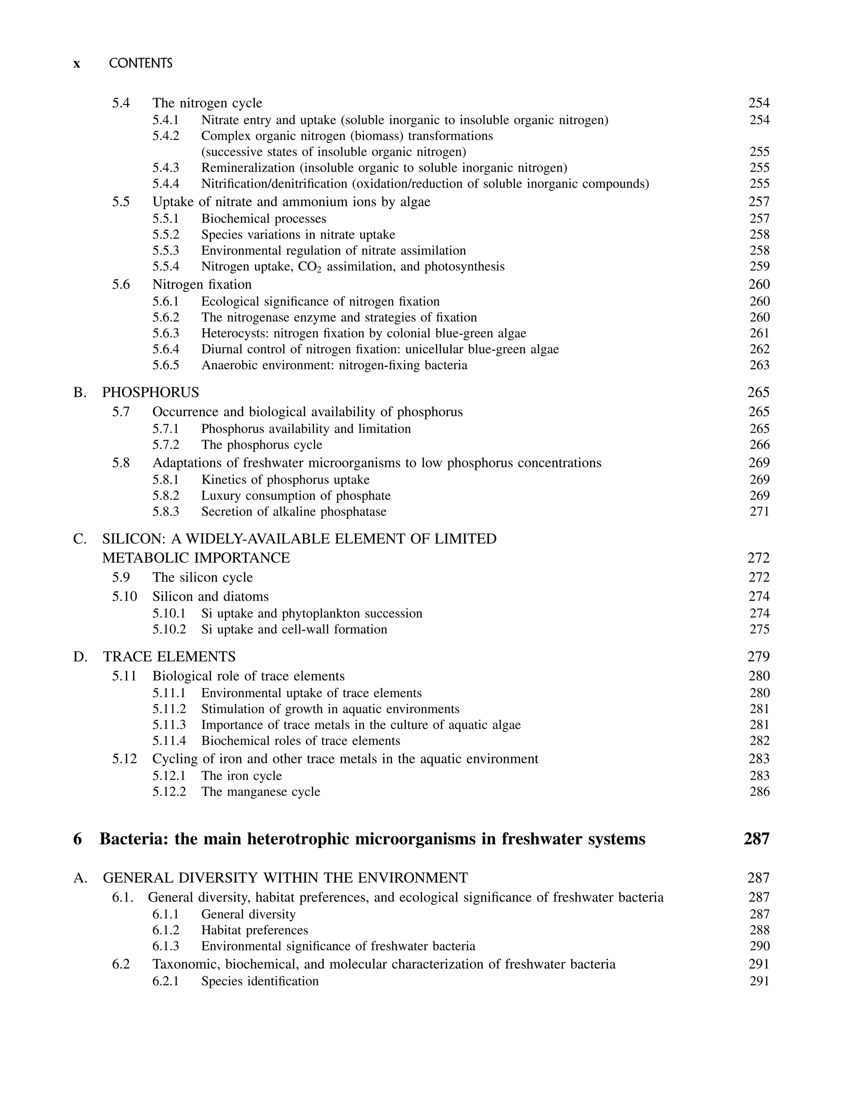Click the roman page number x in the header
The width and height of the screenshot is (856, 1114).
click(x=76, y=64)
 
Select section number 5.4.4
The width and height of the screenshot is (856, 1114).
click(x=166, y=184)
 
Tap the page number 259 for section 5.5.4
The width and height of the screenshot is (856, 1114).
click(x=759, y=267)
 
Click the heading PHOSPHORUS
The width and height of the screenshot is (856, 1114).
click(x=150, y=393)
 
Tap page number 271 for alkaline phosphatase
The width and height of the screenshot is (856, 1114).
click(x=759, y=512)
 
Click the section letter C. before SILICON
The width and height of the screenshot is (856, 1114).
click(x=80, y=539)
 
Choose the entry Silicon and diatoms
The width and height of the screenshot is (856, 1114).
click(x=210, y=597)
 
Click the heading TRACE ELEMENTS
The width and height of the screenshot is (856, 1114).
click(x=169, y=656)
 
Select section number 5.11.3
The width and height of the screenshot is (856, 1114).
click(x=169, y=725)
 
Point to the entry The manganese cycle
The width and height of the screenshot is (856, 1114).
click(x=260, y=792)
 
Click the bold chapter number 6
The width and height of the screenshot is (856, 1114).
click(x=77, y=839)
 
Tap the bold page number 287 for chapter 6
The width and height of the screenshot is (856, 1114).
click(x=756, y=839)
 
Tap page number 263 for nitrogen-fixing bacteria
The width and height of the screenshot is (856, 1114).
click(x=759, y=365)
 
